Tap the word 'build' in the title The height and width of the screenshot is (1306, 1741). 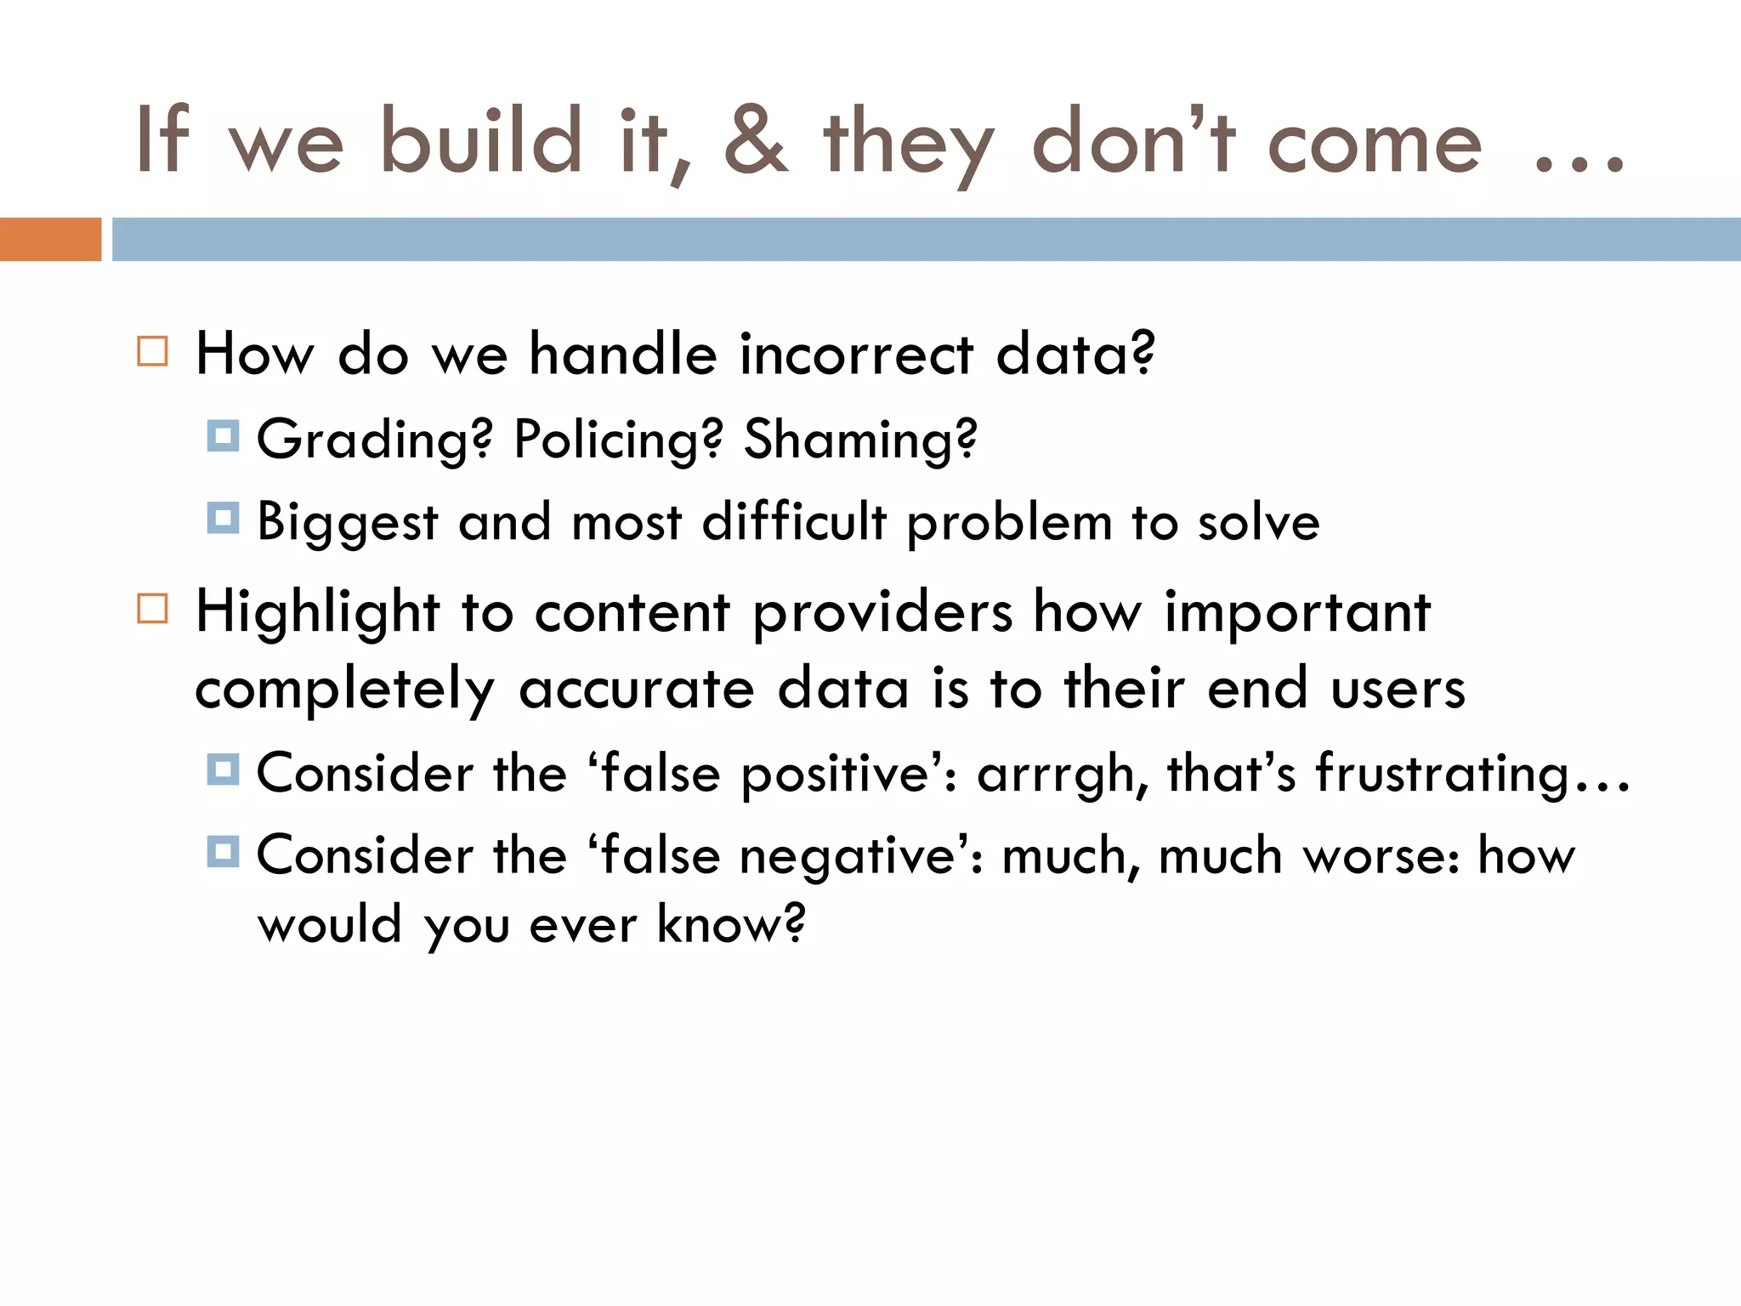click(x=480, y=141)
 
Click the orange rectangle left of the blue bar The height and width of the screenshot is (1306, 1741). click(x=50, y=239)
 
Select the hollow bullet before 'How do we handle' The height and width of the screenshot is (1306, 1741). click(x=152, y=350)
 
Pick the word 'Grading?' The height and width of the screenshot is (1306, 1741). click(x=374, y=440)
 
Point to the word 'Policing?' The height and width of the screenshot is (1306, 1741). click(x=618, y=440)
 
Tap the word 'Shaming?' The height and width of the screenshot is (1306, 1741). click(x=860, y=440)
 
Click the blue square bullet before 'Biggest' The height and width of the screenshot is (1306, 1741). click(x=223, y=518)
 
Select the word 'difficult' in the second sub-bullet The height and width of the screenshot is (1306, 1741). click(x=794, y=521)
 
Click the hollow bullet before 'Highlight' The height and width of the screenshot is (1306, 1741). click(x=152, y=609)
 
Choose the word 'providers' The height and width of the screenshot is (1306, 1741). click(x=882, y=614)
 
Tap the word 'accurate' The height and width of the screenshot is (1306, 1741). click(x=636, y=689)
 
